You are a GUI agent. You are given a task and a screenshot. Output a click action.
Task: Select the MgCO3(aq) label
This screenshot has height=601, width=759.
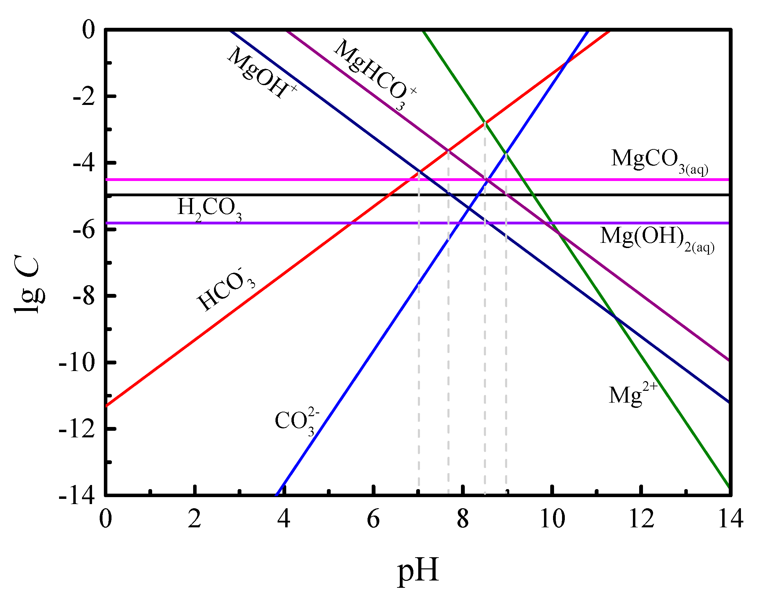659,161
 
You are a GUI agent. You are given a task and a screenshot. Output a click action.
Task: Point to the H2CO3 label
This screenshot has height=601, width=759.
209,209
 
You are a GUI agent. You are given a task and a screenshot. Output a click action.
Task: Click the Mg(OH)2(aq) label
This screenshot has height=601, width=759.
657,239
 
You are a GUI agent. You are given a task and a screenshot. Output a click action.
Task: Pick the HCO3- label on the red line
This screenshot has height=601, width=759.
225,290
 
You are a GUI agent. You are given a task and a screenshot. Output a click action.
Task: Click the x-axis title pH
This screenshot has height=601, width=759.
418,571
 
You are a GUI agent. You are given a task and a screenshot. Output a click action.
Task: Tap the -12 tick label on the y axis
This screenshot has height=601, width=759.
77,429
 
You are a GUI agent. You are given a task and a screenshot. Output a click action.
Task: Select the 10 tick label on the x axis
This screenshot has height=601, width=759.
552,519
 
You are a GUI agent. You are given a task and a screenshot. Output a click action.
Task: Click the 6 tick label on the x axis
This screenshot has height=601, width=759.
373,519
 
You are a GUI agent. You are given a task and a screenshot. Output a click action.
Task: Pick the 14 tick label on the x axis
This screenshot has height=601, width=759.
731,519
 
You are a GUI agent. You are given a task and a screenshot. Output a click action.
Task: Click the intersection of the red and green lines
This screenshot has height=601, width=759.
485,122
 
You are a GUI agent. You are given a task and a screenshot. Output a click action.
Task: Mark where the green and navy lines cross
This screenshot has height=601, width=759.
615,318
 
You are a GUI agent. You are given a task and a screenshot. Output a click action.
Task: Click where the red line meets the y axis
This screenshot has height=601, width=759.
106,406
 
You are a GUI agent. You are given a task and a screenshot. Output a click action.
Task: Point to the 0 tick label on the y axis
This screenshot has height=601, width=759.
88,30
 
